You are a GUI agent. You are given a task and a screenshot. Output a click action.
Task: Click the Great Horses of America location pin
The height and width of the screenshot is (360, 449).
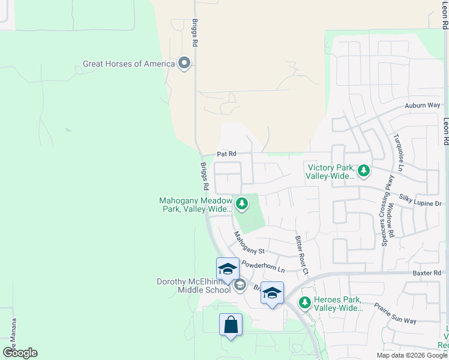point(184,64)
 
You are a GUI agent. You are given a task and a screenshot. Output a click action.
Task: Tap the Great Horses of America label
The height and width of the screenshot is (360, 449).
point(129,64)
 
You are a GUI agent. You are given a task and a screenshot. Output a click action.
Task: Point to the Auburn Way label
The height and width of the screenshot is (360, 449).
point(422,106)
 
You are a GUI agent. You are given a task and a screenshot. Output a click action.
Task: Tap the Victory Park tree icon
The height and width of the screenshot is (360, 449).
point(363,172)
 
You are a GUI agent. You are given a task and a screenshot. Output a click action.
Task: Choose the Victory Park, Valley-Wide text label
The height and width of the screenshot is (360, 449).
point(330,172)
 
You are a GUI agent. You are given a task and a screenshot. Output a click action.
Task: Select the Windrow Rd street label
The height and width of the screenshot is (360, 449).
point(391,218)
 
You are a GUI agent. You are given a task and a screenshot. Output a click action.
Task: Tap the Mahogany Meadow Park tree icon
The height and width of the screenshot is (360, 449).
point(241,205)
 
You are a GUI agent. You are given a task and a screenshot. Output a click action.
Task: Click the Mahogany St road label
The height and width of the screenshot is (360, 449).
point(249,242)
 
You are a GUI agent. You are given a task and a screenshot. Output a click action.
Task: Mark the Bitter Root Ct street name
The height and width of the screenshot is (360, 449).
point(301,255)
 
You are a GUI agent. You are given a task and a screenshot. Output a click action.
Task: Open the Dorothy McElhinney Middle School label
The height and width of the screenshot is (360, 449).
point(194,286)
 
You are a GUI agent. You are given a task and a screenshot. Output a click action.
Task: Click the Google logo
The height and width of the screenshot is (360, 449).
point(20,353)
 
